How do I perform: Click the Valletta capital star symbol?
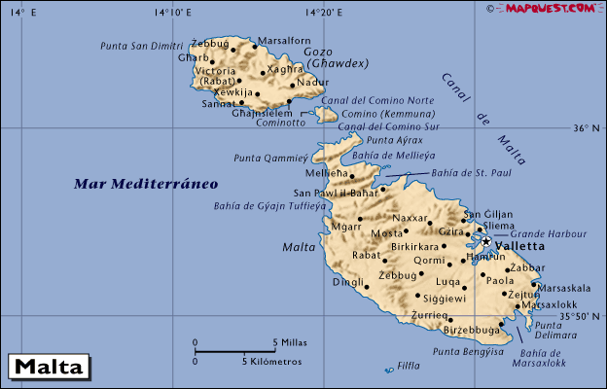click(485, 240)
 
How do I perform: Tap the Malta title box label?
click(48, 368)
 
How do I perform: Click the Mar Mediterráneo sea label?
click(146, 183)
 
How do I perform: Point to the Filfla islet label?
click(409, 368)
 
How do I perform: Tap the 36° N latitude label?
click(587, 127)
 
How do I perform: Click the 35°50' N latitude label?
click(581, 315)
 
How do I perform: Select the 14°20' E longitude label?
click(322, 12)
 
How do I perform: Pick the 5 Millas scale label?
click(290, 342)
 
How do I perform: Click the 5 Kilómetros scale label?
click(271, 361)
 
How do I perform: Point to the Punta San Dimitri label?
click(141, 45)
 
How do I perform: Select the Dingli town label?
click(348, 283)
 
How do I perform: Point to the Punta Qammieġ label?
click(270, 158)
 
